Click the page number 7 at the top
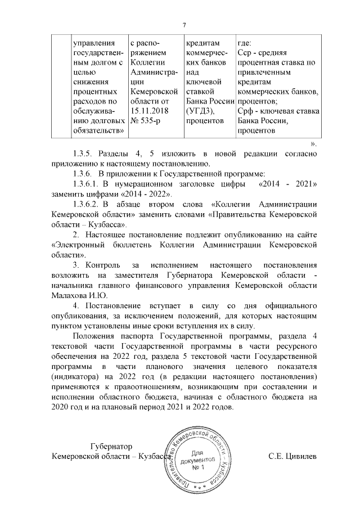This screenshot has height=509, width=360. [184, 25]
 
